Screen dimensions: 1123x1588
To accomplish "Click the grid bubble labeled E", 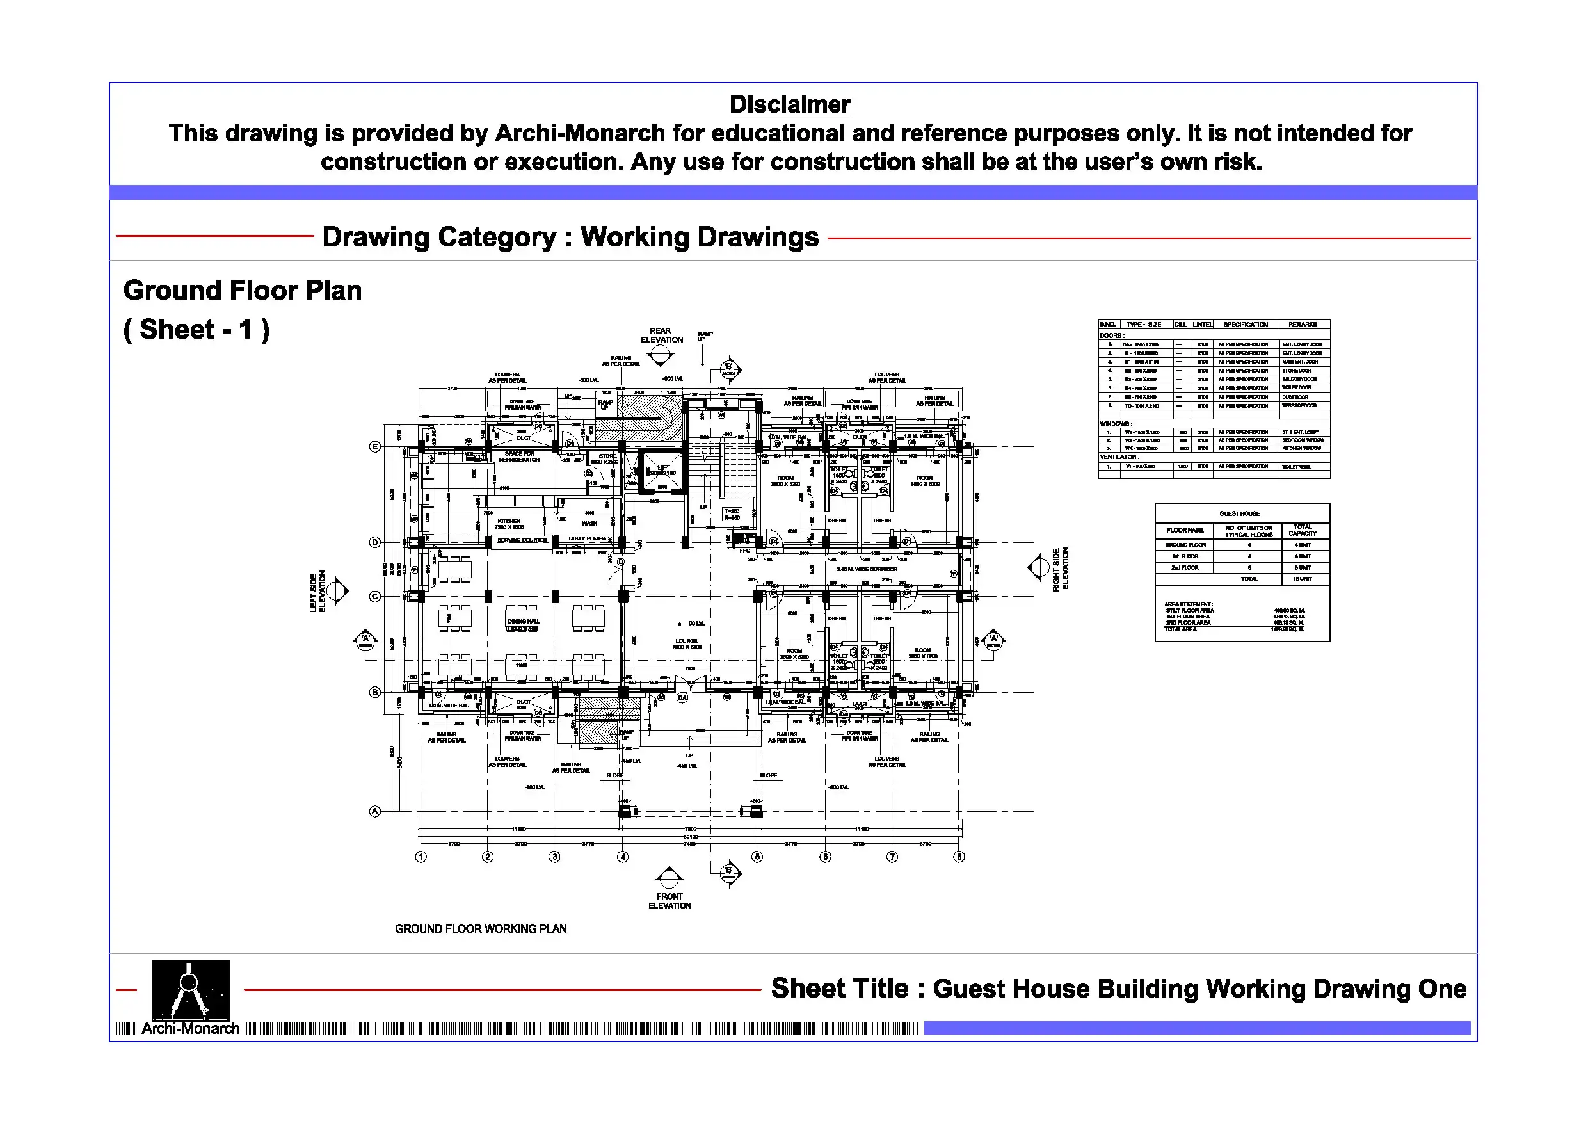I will [375, 447].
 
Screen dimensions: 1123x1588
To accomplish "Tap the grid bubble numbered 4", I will [623, 857].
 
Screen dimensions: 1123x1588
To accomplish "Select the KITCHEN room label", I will [508, 524].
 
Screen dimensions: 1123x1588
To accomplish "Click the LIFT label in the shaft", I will [662, 470].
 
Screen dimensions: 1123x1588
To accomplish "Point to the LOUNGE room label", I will [686, 643].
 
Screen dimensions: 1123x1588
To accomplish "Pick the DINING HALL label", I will [522, 622].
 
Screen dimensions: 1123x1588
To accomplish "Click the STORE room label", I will [607, 458].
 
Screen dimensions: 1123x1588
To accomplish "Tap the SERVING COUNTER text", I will [522, 540].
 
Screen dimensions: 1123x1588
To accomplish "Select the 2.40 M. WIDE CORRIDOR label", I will [866, 569].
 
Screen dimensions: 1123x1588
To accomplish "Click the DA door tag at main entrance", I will [682, 698].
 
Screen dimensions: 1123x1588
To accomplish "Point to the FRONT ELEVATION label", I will [669, 901].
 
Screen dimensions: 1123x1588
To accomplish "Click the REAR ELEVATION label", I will [661, 335].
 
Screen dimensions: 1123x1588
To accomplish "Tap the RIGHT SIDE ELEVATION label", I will [1061, 569].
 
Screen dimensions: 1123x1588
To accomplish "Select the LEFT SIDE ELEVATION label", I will [317, 592].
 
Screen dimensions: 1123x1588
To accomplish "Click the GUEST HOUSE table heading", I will [1239, 514].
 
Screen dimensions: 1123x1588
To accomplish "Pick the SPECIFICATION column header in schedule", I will [1245, 325].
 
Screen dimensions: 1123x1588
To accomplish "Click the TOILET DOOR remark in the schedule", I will [1296, 388].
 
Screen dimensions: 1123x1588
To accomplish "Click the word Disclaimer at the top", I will [790, 104].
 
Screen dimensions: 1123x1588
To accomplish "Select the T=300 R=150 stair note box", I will [731, 514].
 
